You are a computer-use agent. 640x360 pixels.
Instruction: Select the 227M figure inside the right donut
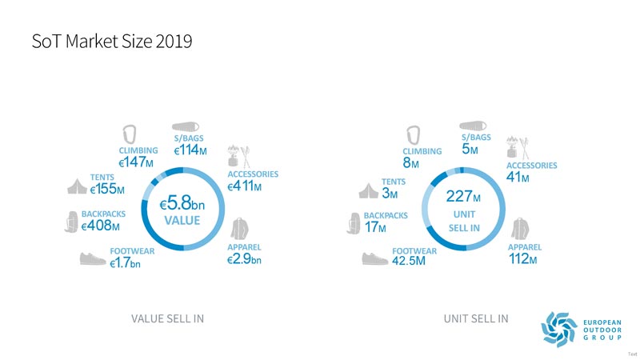click(x=464, y=197)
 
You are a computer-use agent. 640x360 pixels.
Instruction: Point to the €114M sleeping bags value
click(x=191, y=150)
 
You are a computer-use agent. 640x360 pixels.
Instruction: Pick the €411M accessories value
click(x=250, y=186)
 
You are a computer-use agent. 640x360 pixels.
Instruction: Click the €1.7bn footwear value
click(x=126, y=265)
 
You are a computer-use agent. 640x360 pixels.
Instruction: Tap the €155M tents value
click(x=107, y=190)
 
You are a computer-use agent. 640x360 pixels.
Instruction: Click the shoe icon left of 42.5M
click(x=374, y=258)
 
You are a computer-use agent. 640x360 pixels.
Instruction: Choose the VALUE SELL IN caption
click(x=167, y=319)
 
